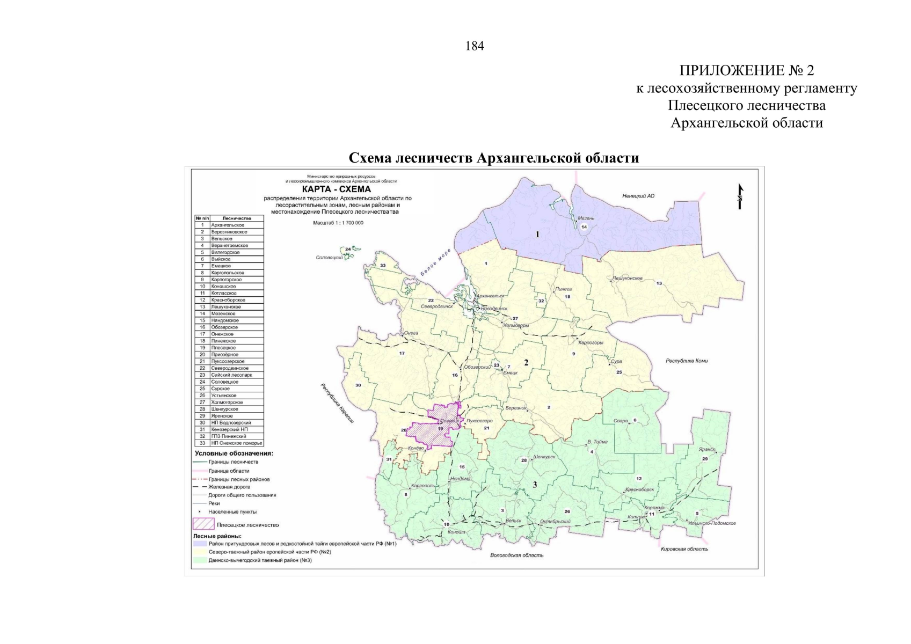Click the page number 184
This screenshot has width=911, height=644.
click(475, 46)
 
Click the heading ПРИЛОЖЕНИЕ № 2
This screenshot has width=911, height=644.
click(746, 70)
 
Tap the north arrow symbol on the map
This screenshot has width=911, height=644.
click(740, 196)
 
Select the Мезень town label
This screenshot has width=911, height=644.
click(586, 218)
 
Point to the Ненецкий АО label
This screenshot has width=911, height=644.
click(638, 196)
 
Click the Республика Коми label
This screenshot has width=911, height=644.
click(687, 361)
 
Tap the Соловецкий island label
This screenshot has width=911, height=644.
click(329, 258)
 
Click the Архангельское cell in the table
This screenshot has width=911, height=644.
click(236, 225)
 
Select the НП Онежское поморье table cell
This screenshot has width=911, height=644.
click(236, 443)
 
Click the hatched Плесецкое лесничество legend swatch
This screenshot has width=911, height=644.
click(203, 523)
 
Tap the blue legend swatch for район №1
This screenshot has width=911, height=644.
click(200, 544)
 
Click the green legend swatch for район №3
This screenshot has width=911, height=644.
click(200, 560)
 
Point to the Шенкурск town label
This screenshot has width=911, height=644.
click(544, 457)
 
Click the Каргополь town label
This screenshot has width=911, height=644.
click(423, 486)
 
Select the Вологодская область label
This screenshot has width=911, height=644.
click(516, 555)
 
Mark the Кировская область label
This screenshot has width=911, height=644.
click(684, 549)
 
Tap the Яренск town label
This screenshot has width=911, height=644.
click(707, 450)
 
